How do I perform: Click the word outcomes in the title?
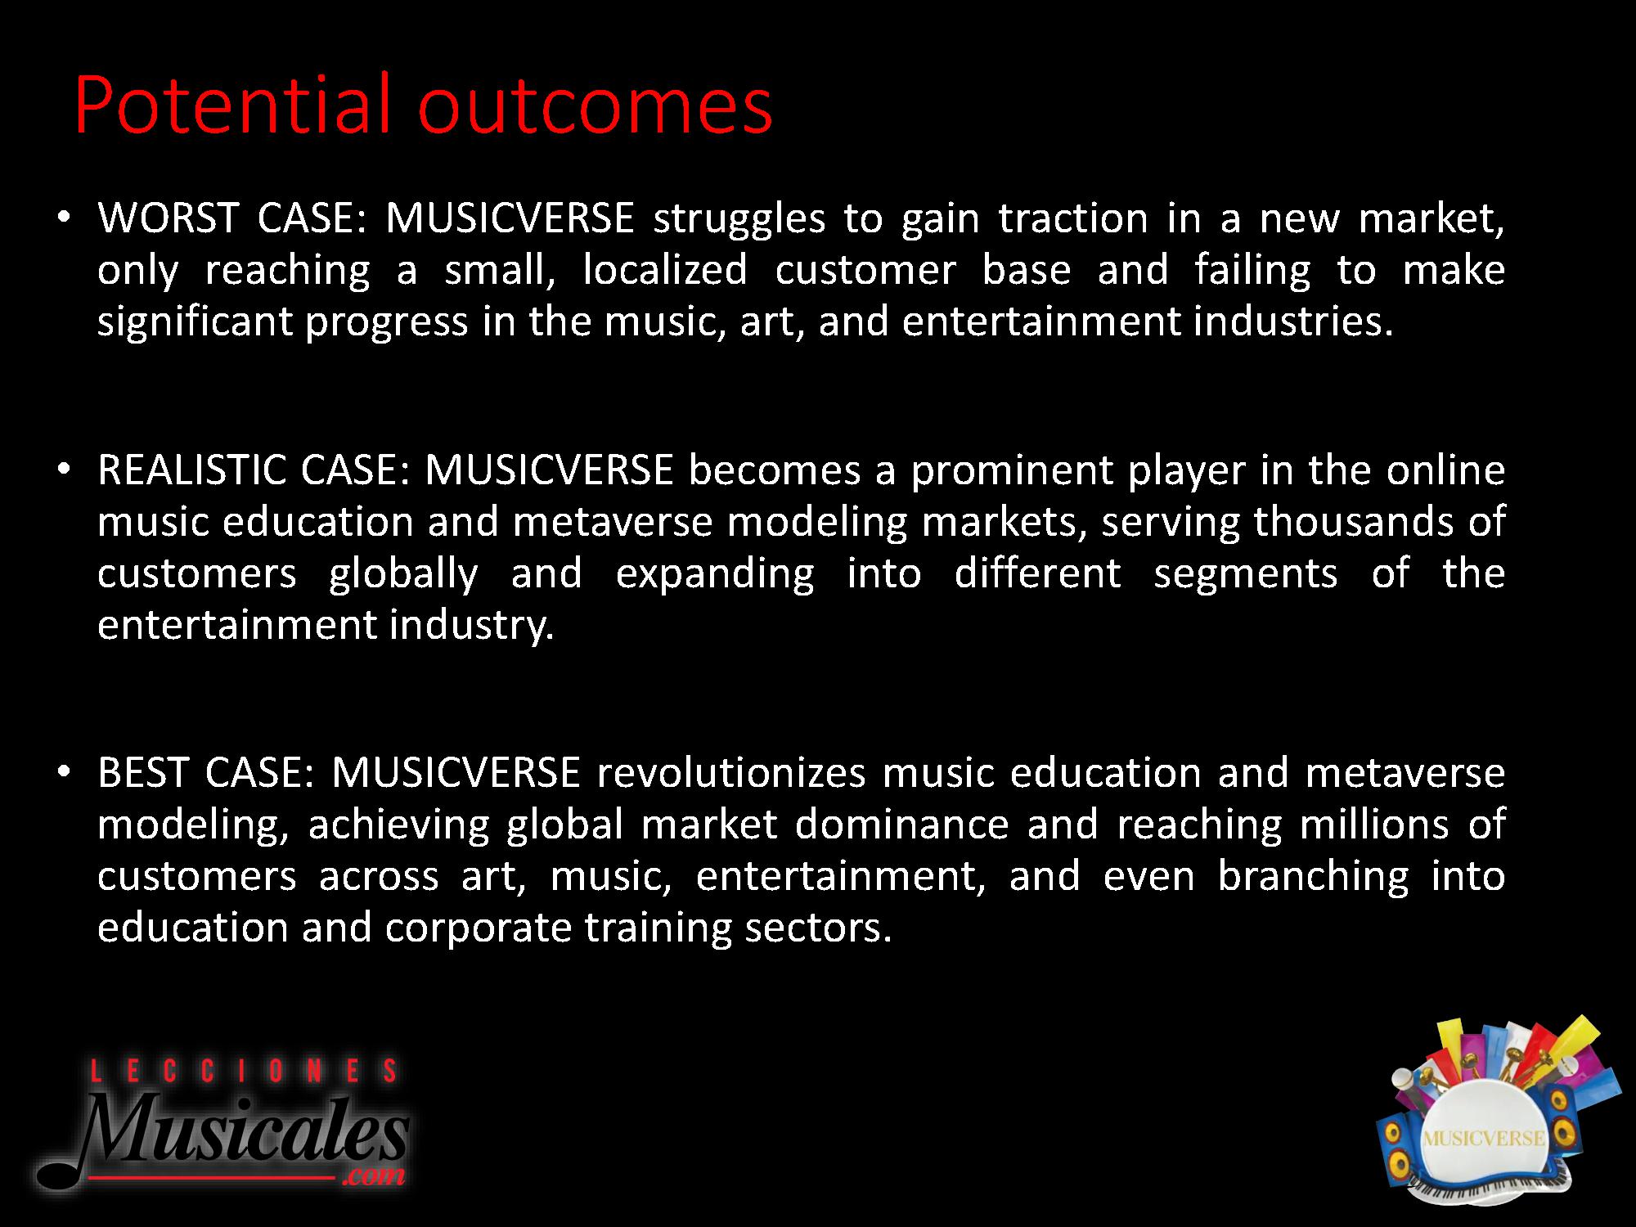595,106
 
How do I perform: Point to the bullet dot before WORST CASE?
65,219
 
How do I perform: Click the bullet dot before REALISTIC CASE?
65,471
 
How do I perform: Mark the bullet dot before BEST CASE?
65,774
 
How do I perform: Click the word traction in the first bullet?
1073,219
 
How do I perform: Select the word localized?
665,271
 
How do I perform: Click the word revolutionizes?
731,773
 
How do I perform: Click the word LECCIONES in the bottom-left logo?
243,1071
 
